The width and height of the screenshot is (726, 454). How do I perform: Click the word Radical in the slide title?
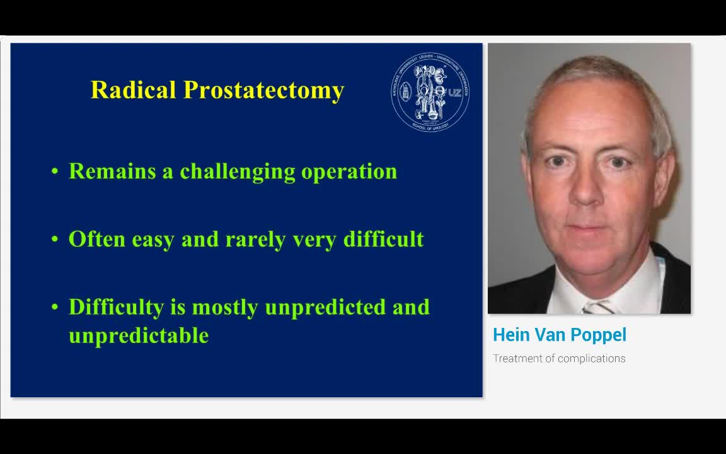pyautogui.click(x=134, y=90)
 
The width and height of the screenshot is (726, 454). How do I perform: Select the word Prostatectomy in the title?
pyautogui.click(x=263, y=90)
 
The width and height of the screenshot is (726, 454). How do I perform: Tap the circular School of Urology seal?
pyautogui.click(x=429, y=92)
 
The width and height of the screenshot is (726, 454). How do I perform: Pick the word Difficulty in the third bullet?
pyautogui.click(x=116, y=308)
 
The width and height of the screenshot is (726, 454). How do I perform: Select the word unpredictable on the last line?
pyautogui.click(x=139, y=335)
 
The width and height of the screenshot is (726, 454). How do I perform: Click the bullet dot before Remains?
pyautogui.click(x=55, y=172)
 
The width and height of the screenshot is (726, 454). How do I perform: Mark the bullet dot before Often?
pyautogui.click(x=55, y=240)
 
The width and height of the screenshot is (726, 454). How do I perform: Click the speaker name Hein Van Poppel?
pyautogui.click(x=559, y=335)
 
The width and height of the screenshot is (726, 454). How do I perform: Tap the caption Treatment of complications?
pyautogui.click(x=559, y=358)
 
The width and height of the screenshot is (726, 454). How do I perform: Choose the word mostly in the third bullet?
pyautogui.click(x=225, y=308)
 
